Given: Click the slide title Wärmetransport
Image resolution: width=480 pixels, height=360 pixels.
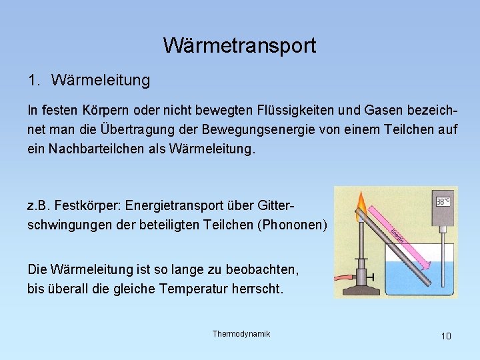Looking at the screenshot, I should tap(239, 45).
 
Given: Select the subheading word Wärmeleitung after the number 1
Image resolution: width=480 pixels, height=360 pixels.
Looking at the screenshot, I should tap(100, 81).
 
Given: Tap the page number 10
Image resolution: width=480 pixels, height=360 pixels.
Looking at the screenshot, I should tap(445, 336).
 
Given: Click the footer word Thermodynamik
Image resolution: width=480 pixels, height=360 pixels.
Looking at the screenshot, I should tap(241, 333).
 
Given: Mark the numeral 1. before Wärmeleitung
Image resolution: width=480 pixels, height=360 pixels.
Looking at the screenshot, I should tap(34, 81).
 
